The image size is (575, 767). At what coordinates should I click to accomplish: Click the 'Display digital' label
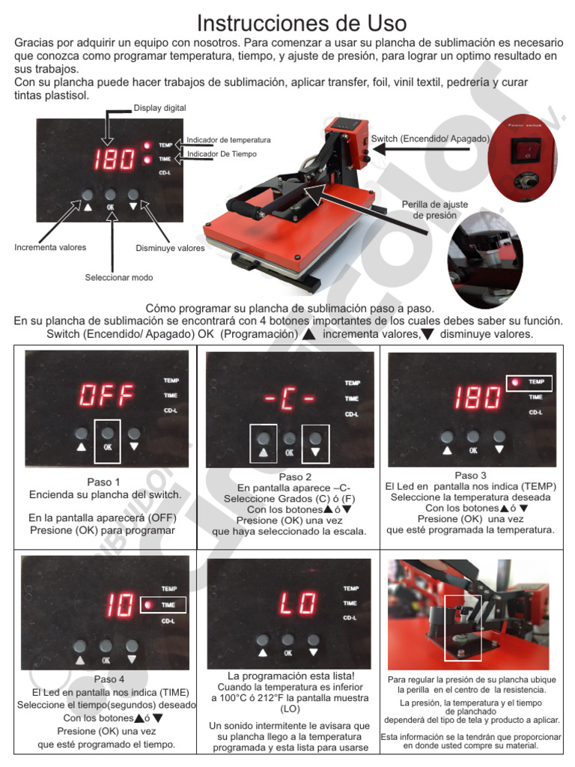(159, 107)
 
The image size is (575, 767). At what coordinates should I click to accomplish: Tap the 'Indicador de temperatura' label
(228, 140)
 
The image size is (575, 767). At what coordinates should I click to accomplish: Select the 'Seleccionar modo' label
(119, 277)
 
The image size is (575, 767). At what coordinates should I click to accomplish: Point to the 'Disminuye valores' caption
(170, 248)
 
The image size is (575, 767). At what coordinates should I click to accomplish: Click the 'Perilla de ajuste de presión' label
(429, 210)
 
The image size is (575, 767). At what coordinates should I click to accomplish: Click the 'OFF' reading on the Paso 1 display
(106, 395)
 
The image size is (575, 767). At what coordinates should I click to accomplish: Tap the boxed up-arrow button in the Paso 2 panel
(262, 443)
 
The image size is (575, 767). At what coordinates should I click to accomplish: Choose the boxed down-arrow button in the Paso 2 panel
(315, 443)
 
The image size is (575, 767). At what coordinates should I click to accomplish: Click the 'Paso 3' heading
(470, 476)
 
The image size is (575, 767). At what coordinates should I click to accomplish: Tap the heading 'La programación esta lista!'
(290, 676)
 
